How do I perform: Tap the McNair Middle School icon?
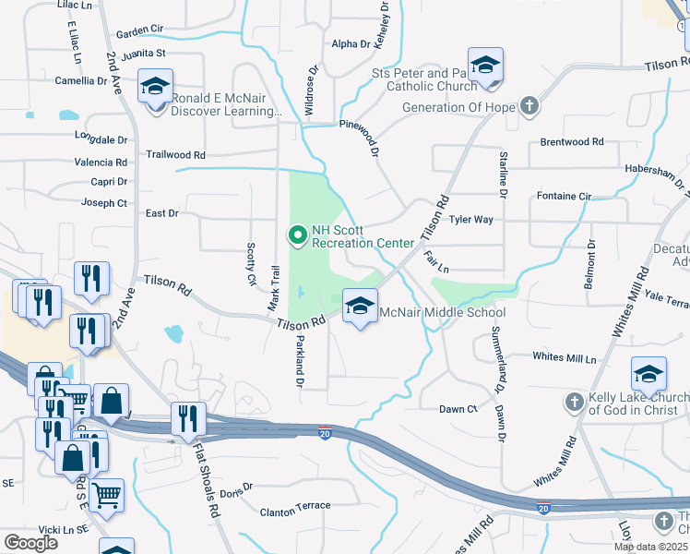click(x=359, y=307)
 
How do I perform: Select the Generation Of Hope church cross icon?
click(x=529, y=107)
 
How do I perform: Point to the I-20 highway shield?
click(x=325, y=432)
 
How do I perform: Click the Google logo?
click(x=30, y=542)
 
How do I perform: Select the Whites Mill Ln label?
click(x=565, y=357)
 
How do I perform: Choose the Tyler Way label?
click(x=470, y=220)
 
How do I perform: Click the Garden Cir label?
click(x=139, y=33)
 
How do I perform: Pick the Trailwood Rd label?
click(x=175, y=155)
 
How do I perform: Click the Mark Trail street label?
click(x=273, y=287)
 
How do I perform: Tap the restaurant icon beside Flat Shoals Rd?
click(x=186, y=419)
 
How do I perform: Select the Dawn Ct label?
click(x=458, y=409)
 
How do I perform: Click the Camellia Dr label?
click(x=81, y=80)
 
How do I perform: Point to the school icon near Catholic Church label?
click(x=484, y=66)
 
